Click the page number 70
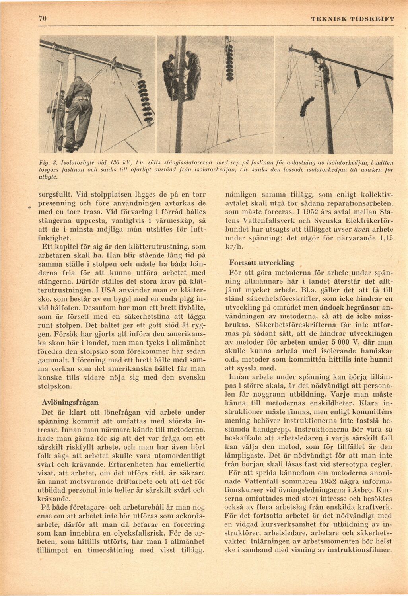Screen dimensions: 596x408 tap(43, 19)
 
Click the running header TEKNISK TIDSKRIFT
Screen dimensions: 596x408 tap(352, 19)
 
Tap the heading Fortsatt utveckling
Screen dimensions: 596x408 tap(262, 263)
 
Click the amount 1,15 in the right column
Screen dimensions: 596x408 tap(384, 238)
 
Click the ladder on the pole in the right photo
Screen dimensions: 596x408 tap(318, 76)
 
